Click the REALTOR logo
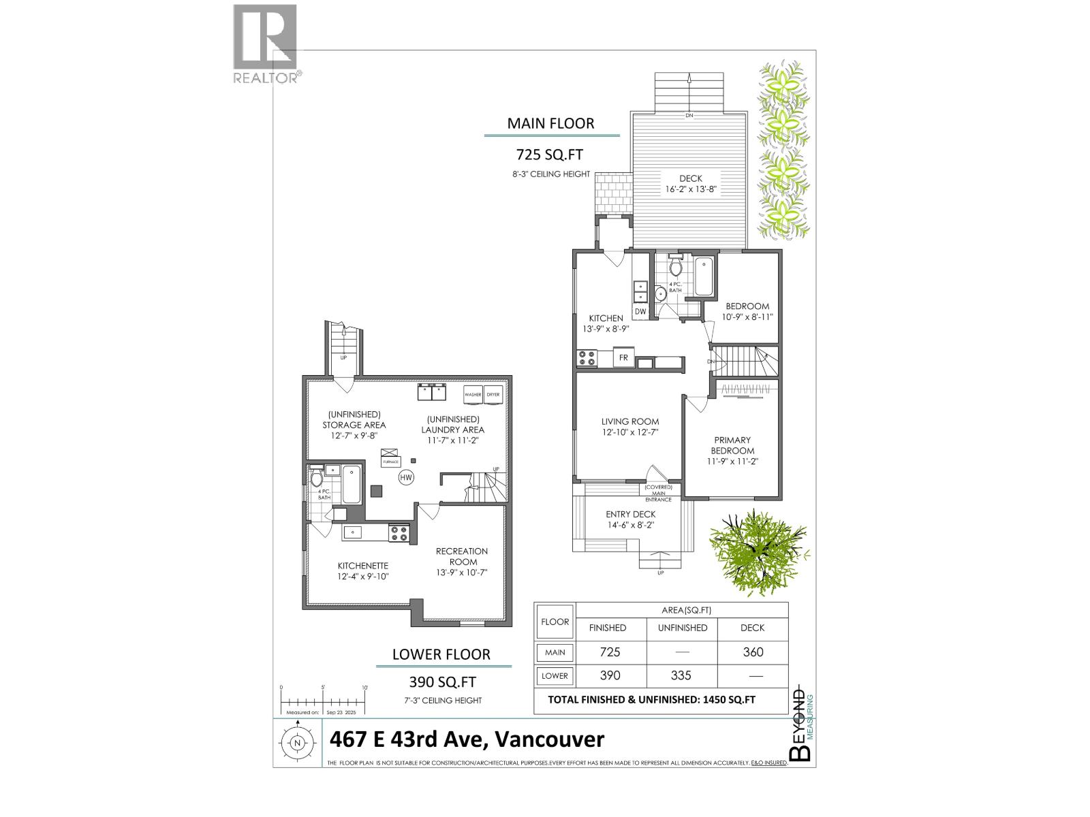pyautogui.click(x=265, y=44)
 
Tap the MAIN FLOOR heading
pyautogui.click(x=550, y=123)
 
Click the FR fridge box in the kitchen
pyautogui.click(x=623, y=358)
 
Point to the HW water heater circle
pyautogui.click(x=406, y=478)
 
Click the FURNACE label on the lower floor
pyautogui.click(x=390, y=462)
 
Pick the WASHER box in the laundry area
pyautogui.click(x=473, y=395)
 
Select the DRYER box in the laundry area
pyautogui.click(x=493, y=395)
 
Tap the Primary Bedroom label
pyautogui.click(x=732, y=445)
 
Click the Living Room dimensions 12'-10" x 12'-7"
pyautogui.click(x=629, y=432)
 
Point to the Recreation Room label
pyautogui.click(x=462, y=556)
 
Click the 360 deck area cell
pyautogui.click(x=753, y=652)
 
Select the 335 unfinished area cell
pyautogui.click(x=681, y=675)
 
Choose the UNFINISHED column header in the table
pyautogui.click(x=682, y=628)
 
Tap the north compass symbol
pyautogui.click(x=296, y=743)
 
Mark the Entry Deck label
pyautogui.click(x=630, y=515)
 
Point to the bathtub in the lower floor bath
pyautogui.click(x=352, y=483)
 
